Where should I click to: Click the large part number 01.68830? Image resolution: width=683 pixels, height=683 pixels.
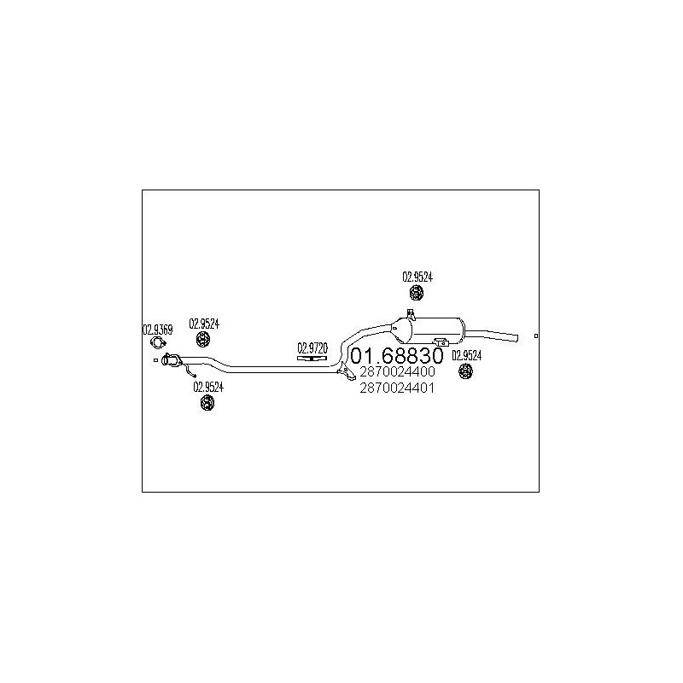pos(397,355)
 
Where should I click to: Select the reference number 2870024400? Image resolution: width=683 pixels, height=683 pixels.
pos(397,371)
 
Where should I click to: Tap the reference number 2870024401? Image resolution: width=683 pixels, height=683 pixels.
pos(397,388)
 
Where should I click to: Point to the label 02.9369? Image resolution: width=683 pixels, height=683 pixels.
pos(158,330)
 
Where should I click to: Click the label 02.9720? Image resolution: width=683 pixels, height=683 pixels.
pos(312,348)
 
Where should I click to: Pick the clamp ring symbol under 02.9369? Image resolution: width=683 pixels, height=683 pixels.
pos(158,343)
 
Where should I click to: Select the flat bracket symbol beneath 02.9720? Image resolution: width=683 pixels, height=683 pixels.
pos(312,358)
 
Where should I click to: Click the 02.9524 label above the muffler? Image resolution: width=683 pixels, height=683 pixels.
pos(417,277)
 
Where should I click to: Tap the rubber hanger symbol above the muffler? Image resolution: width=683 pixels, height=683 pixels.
pos(417,292)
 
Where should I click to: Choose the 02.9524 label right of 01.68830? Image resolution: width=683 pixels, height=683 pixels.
pos(466,356)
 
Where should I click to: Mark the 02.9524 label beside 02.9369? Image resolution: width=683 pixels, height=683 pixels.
pos(204,324)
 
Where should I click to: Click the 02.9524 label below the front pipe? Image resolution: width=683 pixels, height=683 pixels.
pos(208,387)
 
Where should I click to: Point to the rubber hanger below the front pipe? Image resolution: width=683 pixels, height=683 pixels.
pos(207,402)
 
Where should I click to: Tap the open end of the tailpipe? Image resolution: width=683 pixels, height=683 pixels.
pos(517,338)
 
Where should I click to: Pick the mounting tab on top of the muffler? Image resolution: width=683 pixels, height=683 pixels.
pos(410,313)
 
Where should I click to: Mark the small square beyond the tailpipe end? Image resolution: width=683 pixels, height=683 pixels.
pos(536,336)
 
